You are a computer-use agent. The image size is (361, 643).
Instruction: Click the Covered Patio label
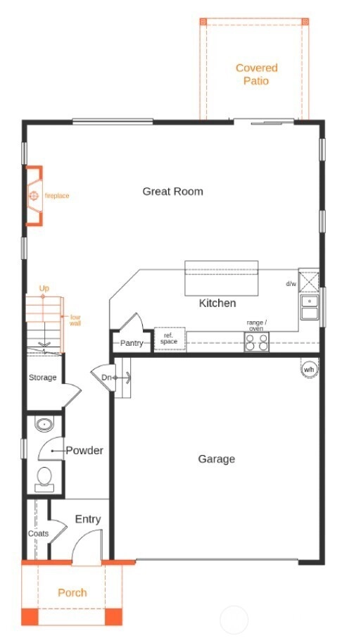click(257, 74)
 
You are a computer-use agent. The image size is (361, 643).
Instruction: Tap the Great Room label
click(172, 192)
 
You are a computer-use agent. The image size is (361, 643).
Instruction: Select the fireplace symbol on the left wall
click(34, 196)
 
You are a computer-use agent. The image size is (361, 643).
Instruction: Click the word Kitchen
click(217, 303)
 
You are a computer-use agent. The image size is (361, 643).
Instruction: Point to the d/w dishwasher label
click(291, 284)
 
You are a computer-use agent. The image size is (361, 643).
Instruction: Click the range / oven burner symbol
click(257, 342)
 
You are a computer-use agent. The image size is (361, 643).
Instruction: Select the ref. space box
click(169, 339)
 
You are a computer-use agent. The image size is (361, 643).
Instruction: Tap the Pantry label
click(132, 343)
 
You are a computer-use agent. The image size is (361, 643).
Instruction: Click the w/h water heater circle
click(309, 370)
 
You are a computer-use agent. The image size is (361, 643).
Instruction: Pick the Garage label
click(216, 459)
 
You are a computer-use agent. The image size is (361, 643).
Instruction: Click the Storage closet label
click(43, 377)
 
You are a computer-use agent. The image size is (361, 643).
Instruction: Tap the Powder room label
click(84, 451)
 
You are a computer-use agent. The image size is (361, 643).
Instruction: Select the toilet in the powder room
click(44, 480)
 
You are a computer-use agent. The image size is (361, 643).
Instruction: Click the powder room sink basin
click(44, 424)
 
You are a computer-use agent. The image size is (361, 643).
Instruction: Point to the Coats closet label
click(38, 534)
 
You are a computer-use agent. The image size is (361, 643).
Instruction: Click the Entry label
click(88, 519)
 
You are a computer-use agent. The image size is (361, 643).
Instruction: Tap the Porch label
click(72, 592)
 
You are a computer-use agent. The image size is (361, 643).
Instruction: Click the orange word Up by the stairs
click(44, 288)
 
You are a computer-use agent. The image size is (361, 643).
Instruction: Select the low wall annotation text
click(75, 320)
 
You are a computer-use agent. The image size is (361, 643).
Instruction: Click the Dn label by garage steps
click(106, 377)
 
